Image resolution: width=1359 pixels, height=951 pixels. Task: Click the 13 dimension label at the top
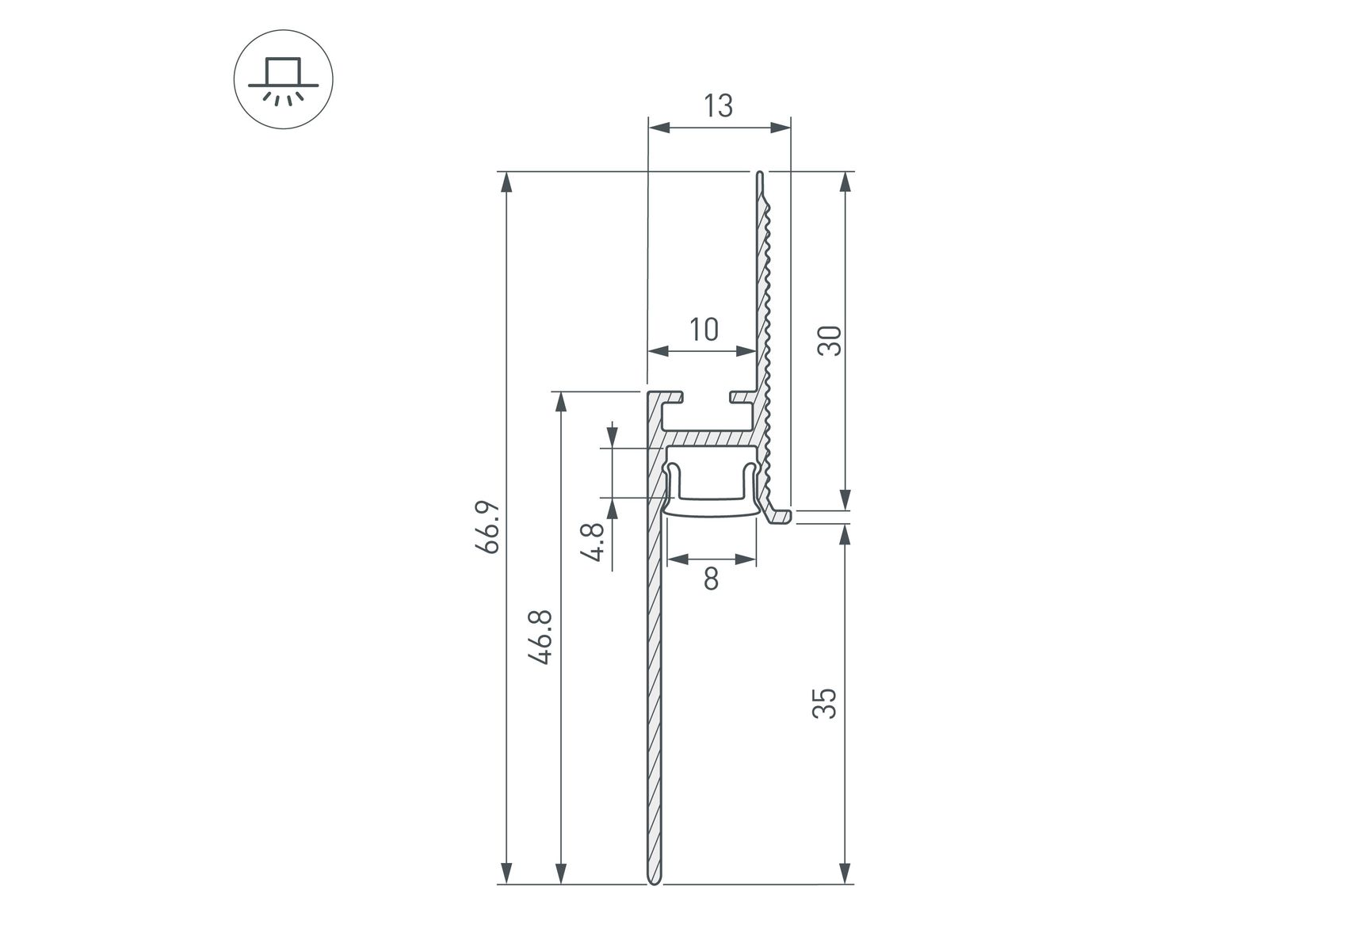[x=718, y=105]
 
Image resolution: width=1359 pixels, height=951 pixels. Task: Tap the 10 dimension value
[x=704, y=329]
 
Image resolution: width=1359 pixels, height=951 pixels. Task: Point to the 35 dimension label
[x=825, y=704]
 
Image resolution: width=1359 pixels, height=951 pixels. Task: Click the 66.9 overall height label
[x=487, y=526]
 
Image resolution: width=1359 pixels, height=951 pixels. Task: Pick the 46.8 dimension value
[x=542, y=637]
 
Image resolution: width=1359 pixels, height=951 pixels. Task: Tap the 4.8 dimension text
[x=596, y=540]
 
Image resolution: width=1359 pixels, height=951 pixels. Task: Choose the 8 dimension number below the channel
[x=711, y=579]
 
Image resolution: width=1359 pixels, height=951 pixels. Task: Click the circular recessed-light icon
[x=284, y=79]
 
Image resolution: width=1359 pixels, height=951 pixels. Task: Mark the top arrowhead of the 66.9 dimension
[x=506, y=181]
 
